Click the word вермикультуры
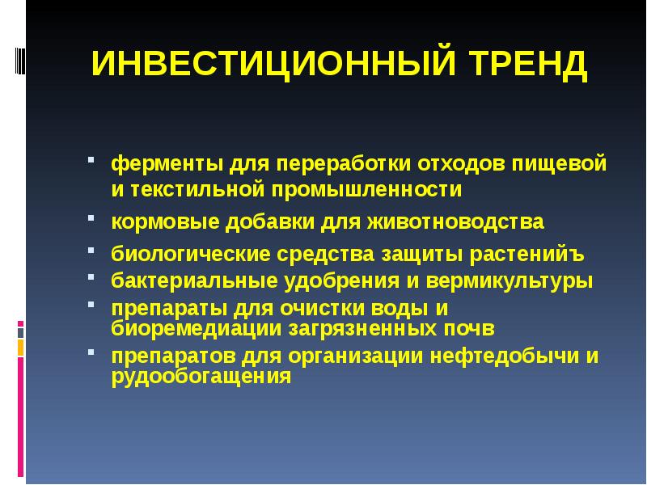pos(510,281)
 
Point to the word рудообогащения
pos(201,376)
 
